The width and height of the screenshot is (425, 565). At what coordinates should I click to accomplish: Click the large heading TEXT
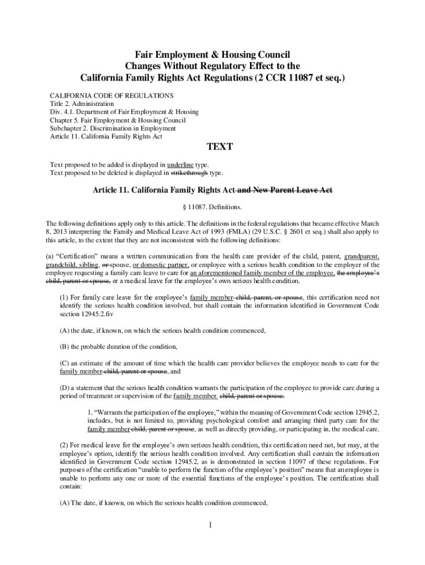pyautogui.click(x=219, y=147)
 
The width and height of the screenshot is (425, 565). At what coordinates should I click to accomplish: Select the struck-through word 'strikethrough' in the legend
pyautogui.click(x=189, y=173)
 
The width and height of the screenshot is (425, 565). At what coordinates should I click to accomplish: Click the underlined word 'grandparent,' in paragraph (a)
pyautogui.click(x=361, y=257)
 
